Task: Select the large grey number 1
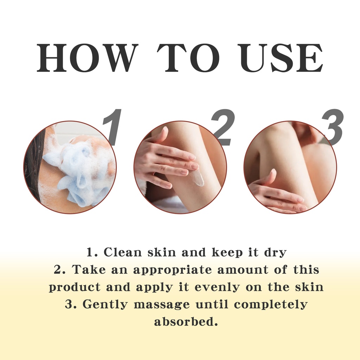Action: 112,127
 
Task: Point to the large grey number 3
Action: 333,127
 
